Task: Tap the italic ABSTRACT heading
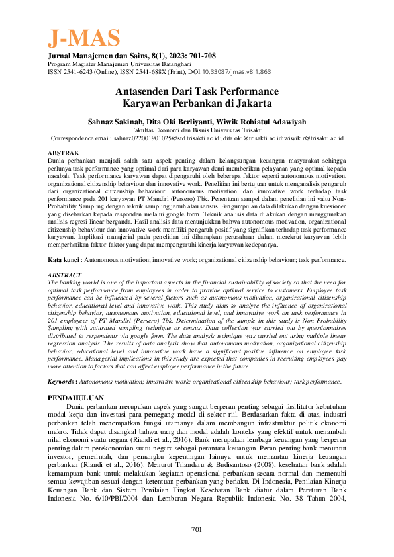65,274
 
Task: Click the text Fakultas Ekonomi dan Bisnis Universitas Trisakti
197,131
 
